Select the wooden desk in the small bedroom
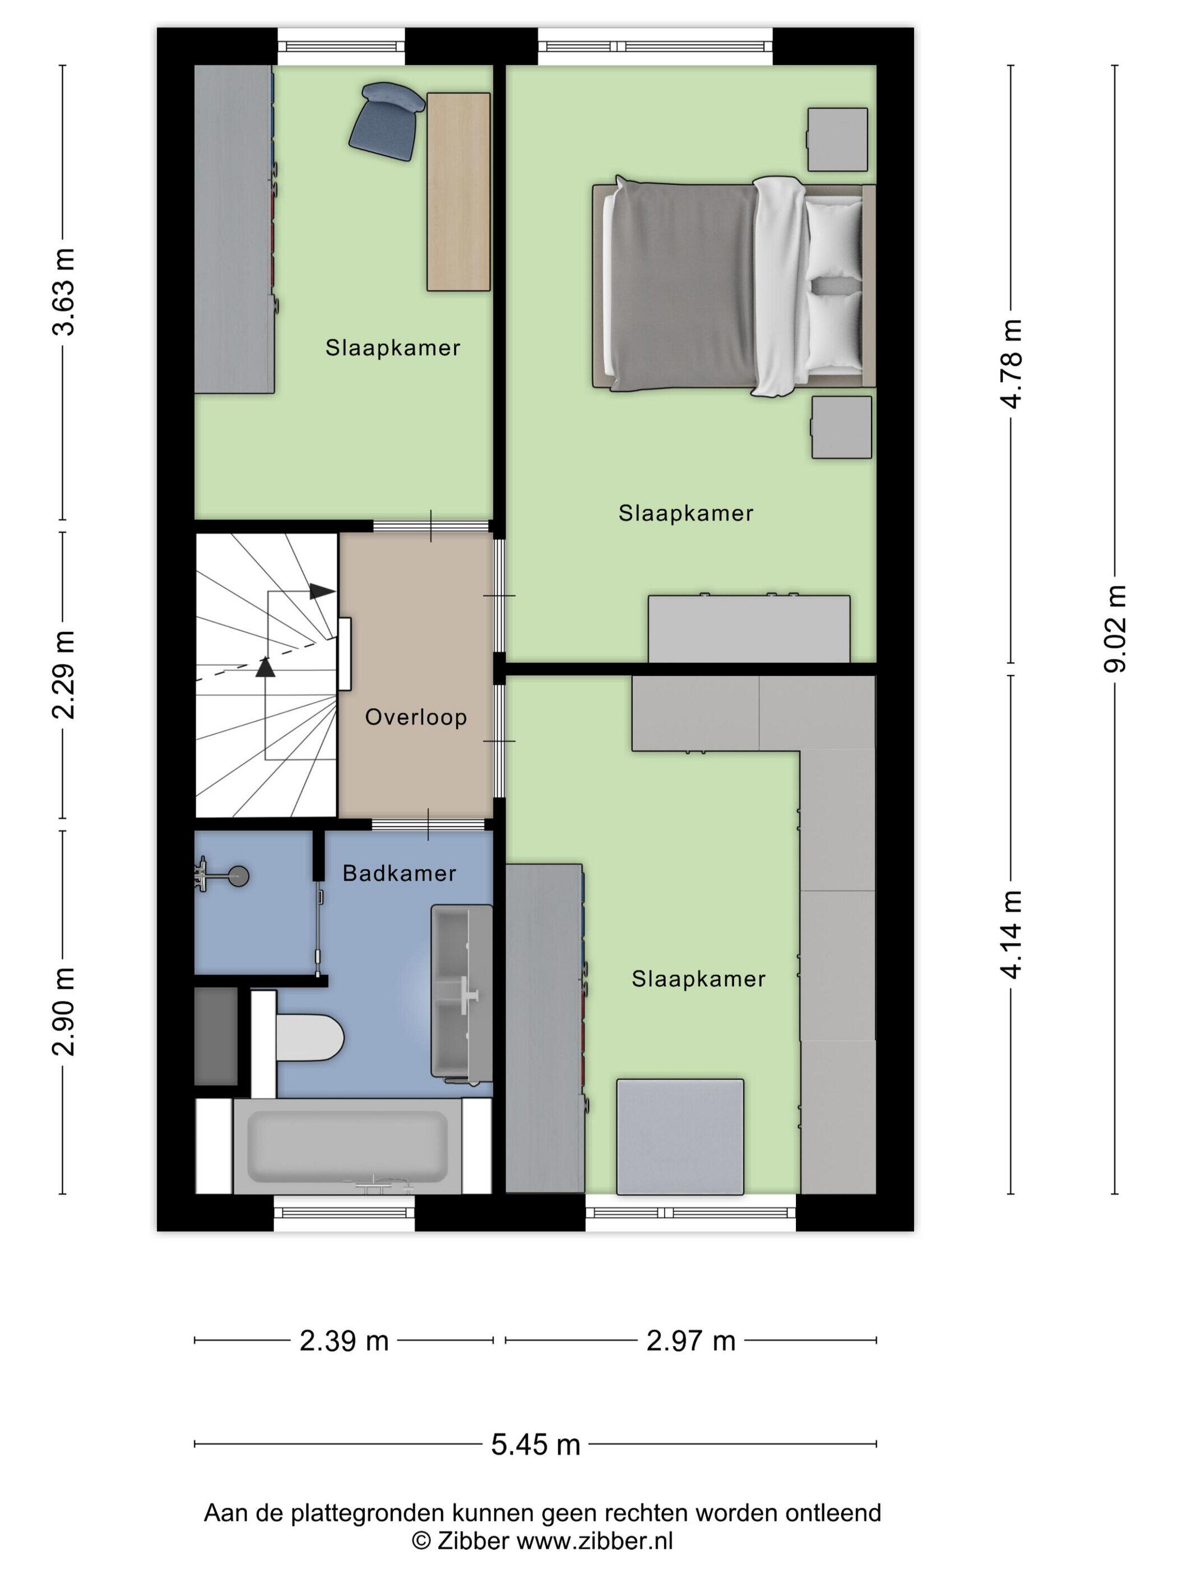click(x=457, y=192)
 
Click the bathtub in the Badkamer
click(x=347, y=1146)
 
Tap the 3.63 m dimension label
click(x=65, y=292)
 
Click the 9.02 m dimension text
click(x=1116, y=630)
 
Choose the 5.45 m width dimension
click(x=536, y=1444)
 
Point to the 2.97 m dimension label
click(x=691, y=1341)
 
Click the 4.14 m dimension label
click(x=1012, y=934)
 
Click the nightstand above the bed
click(x=838, y=139)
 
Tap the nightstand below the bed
click(x=841, y=427)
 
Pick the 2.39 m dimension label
click(x=344, y=1341)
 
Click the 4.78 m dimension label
click(x=1012, y=363)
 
